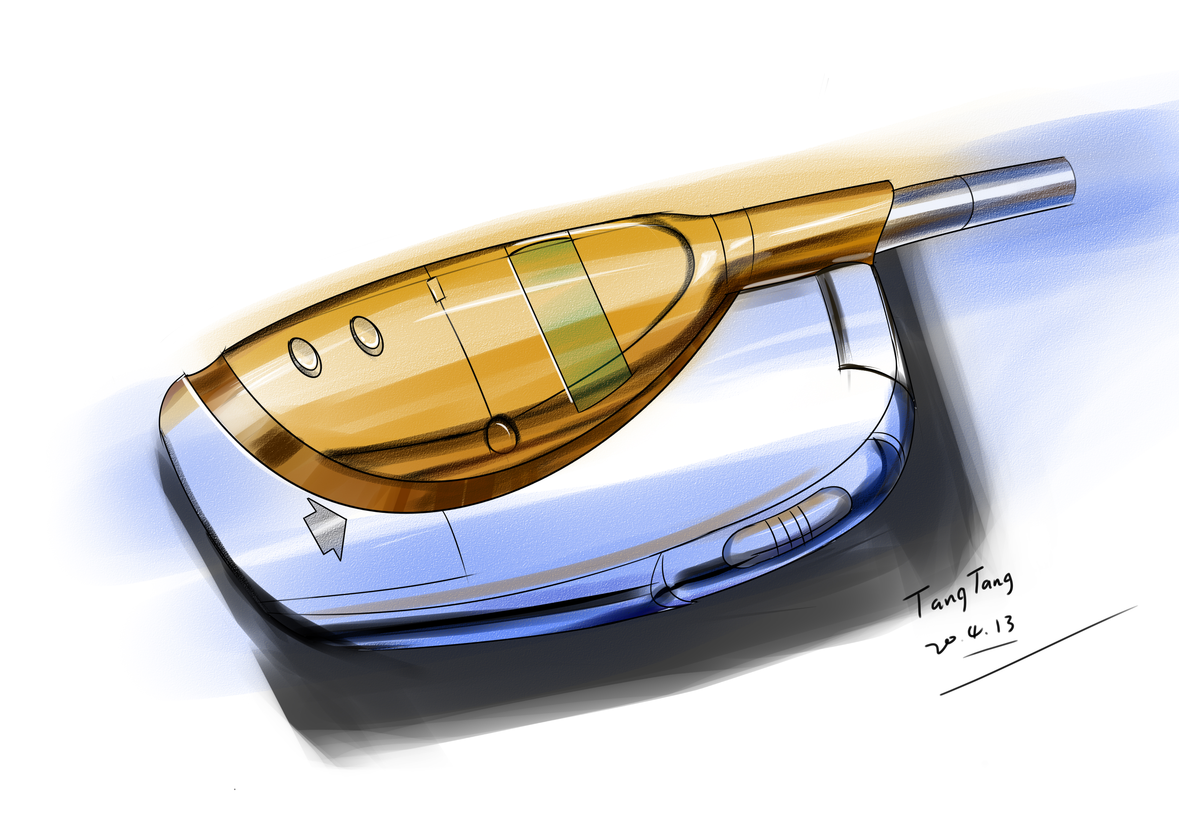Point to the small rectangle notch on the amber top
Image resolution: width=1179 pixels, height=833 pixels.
[437, 290]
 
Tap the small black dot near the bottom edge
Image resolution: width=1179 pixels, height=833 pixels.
[235, 789]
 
